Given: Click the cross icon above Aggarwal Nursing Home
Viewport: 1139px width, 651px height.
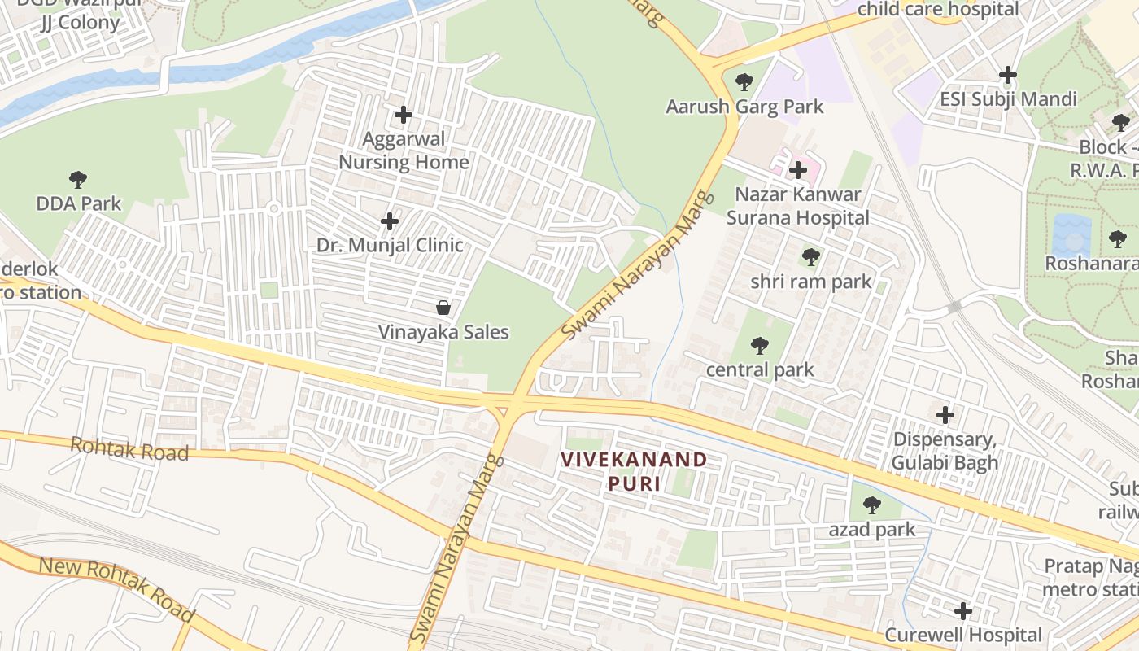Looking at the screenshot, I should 403,115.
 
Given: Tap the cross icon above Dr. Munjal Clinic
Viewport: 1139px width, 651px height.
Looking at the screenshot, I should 390,221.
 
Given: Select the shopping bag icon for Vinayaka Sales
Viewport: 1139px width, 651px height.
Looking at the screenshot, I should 443,308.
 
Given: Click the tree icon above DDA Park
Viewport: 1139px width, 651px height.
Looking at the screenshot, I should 78,179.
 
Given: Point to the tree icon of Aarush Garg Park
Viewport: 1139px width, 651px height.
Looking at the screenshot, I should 744,81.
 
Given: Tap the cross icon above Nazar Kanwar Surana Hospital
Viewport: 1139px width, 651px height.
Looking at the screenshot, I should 798,170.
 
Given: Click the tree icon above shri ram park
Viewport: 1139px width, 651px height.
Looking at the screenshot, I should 810,257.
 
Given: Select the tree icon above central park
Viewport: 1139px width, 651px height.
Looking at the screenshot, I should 760,346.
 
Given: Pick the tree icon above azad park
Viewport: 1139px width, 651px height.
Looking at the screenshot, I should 872,505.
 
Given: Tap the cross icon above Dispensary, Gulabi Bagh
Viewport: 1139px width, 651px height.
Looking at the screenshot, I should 945,415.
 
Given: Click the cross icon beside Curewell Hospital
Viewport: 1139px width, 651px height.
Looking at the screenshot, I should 963,610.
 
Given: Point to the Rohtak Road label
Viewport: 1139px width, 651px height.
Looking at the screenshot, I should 129,448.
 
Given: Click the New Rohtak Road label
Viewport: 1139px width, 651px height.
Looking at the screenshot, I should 117,588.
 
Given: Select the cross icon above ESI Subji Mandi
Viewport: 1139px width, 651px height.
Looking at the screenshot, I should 1008,75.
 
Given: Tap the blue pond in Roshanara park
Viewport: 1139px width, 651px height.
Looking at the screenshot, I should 1071,235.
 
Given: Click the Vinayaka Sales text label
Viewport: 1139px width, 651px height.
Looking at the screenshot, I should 443,332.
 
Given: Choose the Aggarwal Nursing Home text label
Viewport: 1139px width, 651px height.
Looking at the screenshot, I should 404,151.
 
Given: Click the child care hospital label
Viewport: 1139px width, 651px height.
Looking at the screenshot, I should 937,10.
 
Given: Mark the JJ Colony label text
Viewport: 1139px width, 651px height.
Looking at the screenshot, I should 81,23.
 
